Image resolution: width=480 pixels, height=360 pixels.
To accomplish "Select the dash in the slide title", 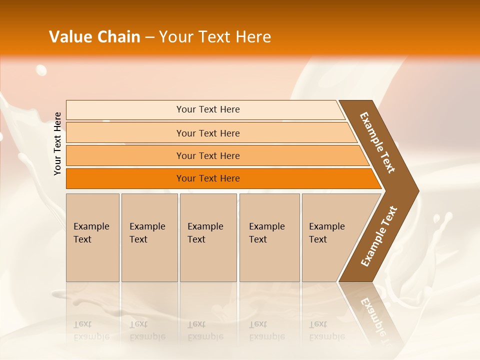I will coord(149,37).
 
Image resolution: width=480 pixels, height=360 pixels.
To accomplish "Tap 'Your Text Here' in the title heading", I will coord(215,37).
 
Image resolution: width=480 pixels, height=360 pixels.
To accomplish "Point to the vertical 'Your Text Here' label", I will coord(57,143).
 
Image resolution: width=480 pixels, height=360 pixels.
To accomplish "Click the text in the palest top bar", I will coord(208,109).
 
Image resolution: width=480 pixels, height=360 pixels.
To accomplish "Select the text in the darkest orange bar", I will coord(208,178).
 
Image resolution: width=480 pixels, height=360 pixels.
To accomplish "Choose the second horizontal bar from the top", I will coord(208,133).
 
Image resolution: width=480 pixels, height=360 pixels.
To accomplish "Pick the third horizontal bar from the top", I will coord(208,156).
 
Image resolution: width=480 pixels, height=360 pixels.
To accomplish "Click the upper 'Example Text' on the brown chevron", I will coord(377,142).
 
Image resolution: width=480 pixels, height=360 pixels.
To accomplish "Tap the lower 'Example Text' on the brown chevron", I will coord(379,236).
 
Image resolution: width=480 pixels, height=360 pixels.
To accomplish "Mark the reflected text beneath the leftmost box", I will coord(91,330).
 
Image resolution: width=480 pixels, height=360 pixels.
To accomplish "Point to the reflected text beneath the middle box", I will coord(205,330).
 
